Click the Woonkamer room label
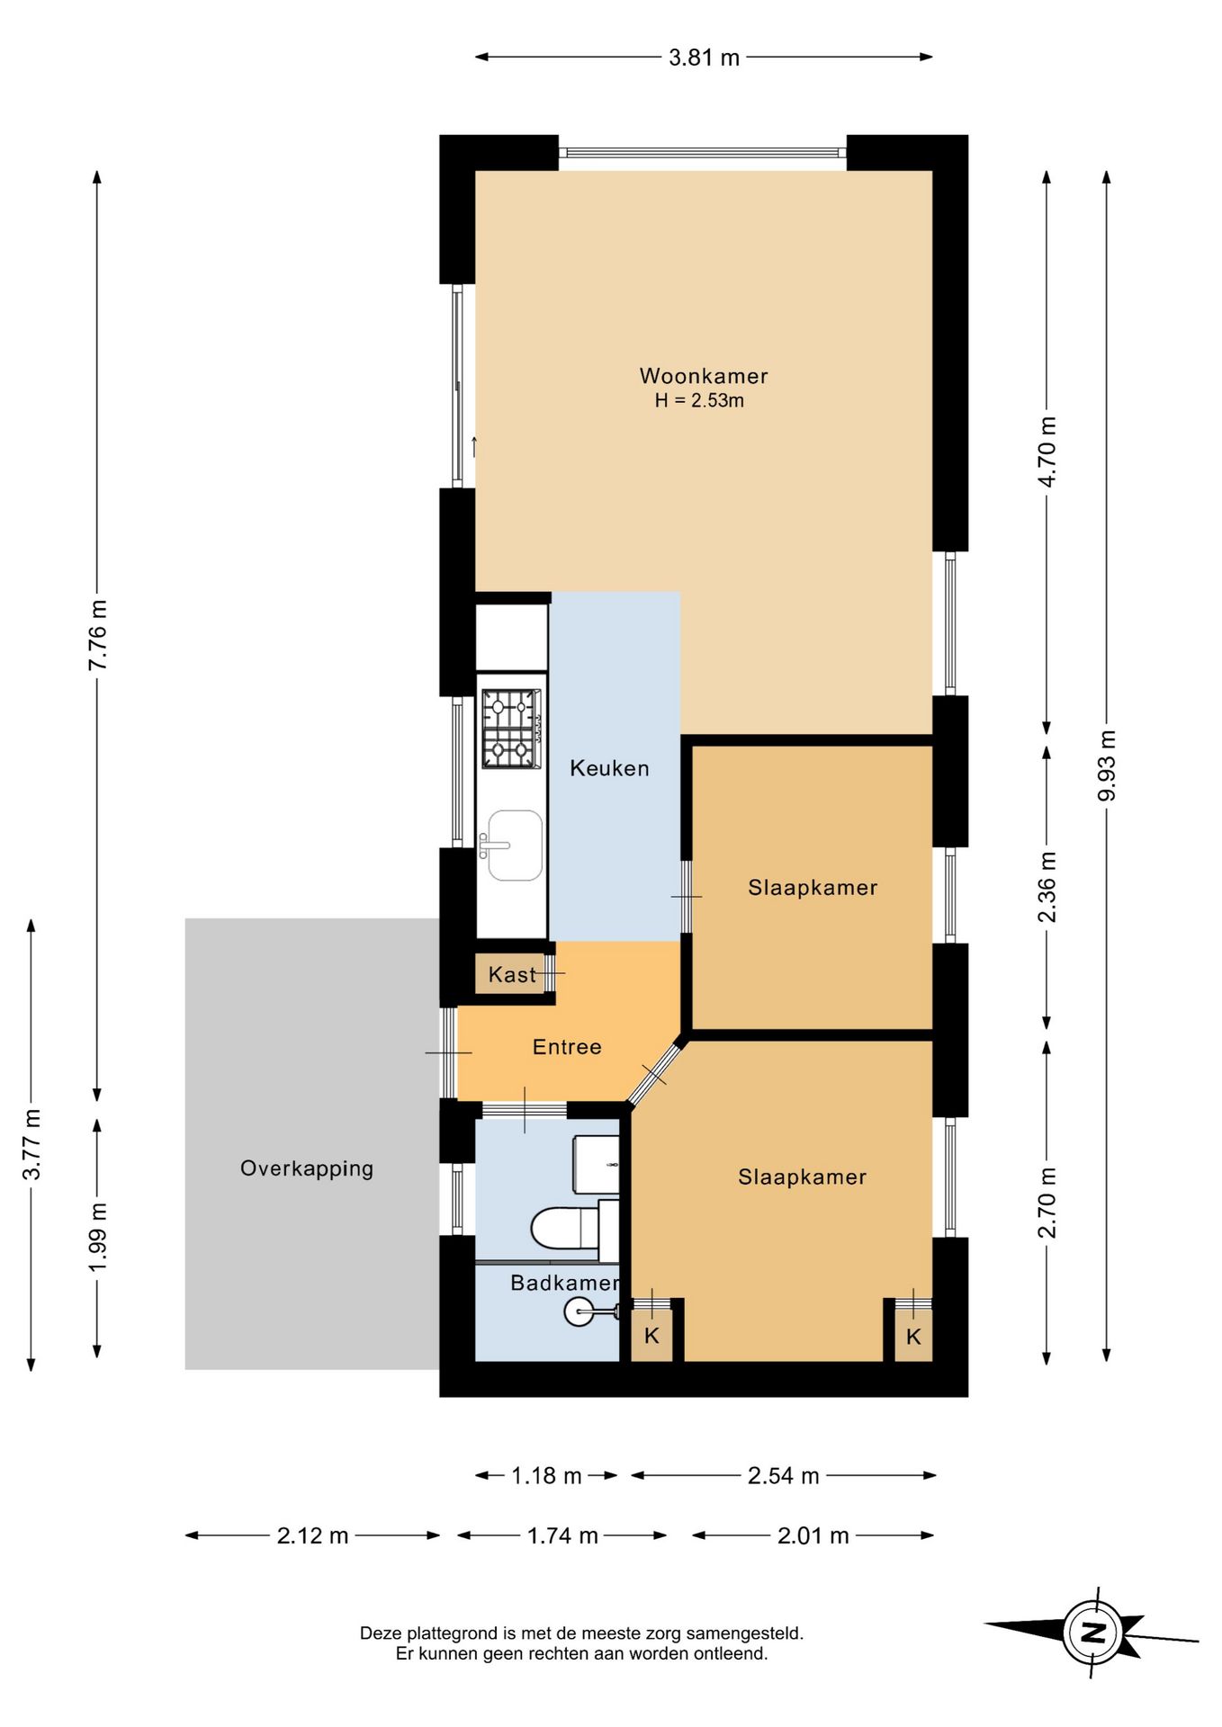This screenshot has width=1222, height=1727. pos(704,376)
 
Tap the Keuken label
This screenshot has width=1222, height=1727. pos(609,768)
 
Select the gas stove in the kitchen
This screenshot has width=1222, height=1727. pos(512,729)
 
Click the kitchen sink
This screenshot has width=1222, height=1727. pos(515,845)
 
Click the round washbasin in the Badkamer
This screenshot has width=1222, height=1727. pos(579,1312)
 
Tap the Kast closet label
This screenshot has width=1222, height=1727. pos(512,974)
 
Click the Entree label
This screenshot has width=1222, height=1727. pos(567,1046)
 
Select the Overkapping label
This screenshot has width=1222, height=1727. pos(307,1168)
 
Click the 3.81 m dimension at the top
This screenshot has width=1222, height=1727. pos(704,58)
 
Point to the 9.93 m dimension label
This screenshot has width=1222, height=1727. pos(1107,765)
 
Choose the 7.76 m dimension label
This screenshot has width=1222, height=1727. pos(97,634)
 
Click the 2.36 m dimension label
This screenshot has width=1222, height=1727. pos(1047,887)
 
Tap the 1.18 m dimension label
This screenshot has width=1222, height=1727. pos(546,1475)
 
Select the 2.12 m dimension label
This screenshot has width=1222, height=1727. pos(312,1535)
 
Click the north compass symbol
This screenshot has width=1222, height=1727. pos(1092,1633)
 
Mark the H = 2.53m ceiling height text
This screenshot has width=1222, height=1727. pos(699,401)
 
